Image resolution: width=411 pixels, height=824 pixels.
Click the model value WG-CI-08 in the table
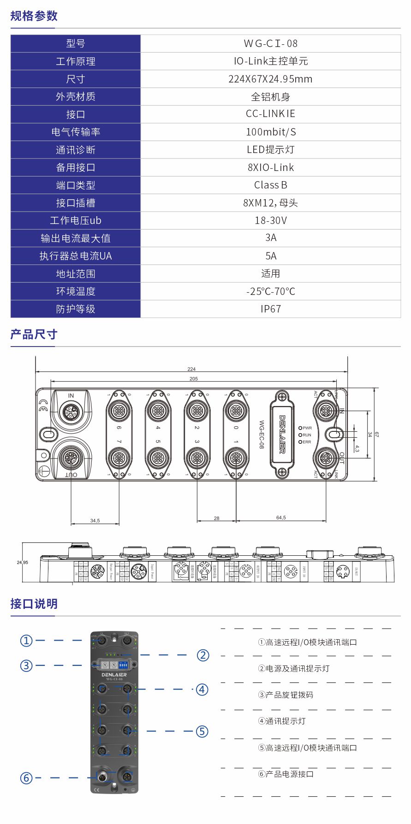[x=270, y=44]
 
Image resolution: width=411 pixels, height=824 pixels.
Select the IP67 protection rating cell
[x=270, y=309]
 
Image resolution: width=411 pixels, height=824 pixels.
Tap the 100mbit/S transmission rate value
[x=270, y=132]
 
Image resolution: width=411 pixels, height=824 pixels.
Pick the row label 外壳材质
[x=76, y=97]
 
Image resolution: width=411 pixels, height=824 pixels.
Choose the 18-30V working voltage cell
[x=270, y=221]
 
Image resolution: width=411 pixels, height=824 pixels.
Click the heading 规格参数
[x=34, y=16]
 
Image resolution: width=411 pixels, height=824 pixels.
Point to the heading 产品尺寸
[x=34, y=335]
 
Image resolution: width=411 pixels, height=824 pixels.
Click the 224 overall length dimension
[x=191, y=369]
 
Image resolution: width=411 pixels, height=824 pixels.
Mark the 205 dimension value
[x=193, y=379]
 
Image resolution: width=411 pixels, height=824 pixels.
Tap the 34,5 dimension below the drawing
[x=95, y=521]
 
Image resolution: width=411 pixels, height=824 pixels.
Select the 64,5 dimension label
[x=281, y=518]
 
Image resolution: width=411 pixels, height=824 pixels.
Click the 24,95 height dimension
[x=22, y=563]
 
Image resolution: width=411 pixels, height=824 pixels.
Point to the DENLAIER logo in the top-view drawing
[x=282, y=434]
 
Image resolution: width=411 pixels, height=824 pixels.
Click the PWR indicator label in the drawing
[x=307, y=428]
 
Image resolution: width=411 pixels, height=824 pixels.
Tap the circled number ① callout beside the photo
[x=26, y=641]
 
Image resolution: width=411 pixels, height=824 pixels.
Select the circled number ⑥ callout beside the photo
[x=26, y=778]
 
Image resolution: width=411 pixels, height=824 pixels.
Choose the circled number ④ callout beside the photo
[x=202, y=689]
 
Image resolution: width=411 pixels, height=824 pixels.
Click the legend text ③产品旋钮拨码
[x=286, y=695]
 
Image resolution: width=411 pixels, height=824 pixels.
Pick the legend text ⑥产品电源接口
[x=286, y=774]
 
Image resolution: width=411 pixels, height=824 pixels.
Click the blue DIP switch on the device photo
[x=123, y=665]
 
